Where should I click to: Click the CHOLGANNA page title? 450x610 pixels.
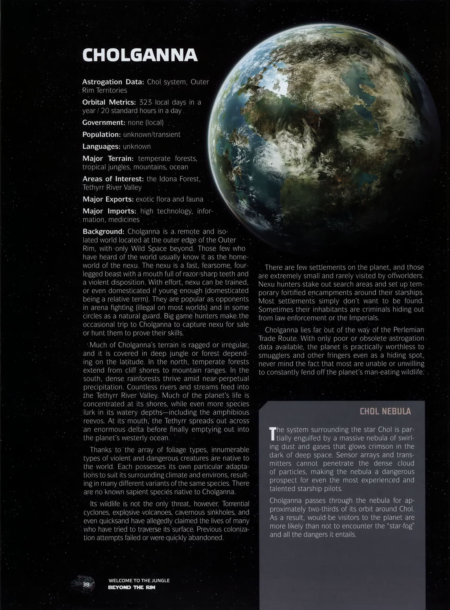tap(140, 55)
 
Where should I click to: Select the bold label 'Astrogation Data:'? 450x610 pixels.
tap(113, 82)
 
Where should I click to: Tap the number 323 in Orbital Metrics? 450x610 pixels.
tap(146, 102)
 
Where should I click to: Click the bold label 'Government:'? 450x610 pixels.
tap(104, 123)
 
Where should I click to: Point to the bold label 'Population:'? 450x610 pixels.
tap(101, 135)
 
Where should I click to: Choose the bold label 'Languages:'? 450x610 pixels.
tap(101, 147)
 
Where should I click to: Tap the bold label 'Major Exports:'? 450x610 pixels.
tap(108, 199)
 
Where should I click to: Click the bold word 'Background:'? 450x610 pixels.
tap(103, 232)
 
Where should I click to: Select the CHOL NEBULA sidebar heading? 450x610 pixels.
tap(385, 411)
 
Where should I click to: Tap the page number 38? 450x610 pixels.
tap(86, 584)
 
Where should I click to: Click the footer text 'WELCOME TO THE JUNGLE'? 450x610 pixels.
tap(139, 581)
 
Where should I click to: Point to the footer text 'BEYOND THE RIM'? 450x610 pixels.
tap(132, 587)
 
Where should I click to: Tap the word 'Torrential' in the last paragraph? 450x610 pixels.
tap(235, 504)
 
